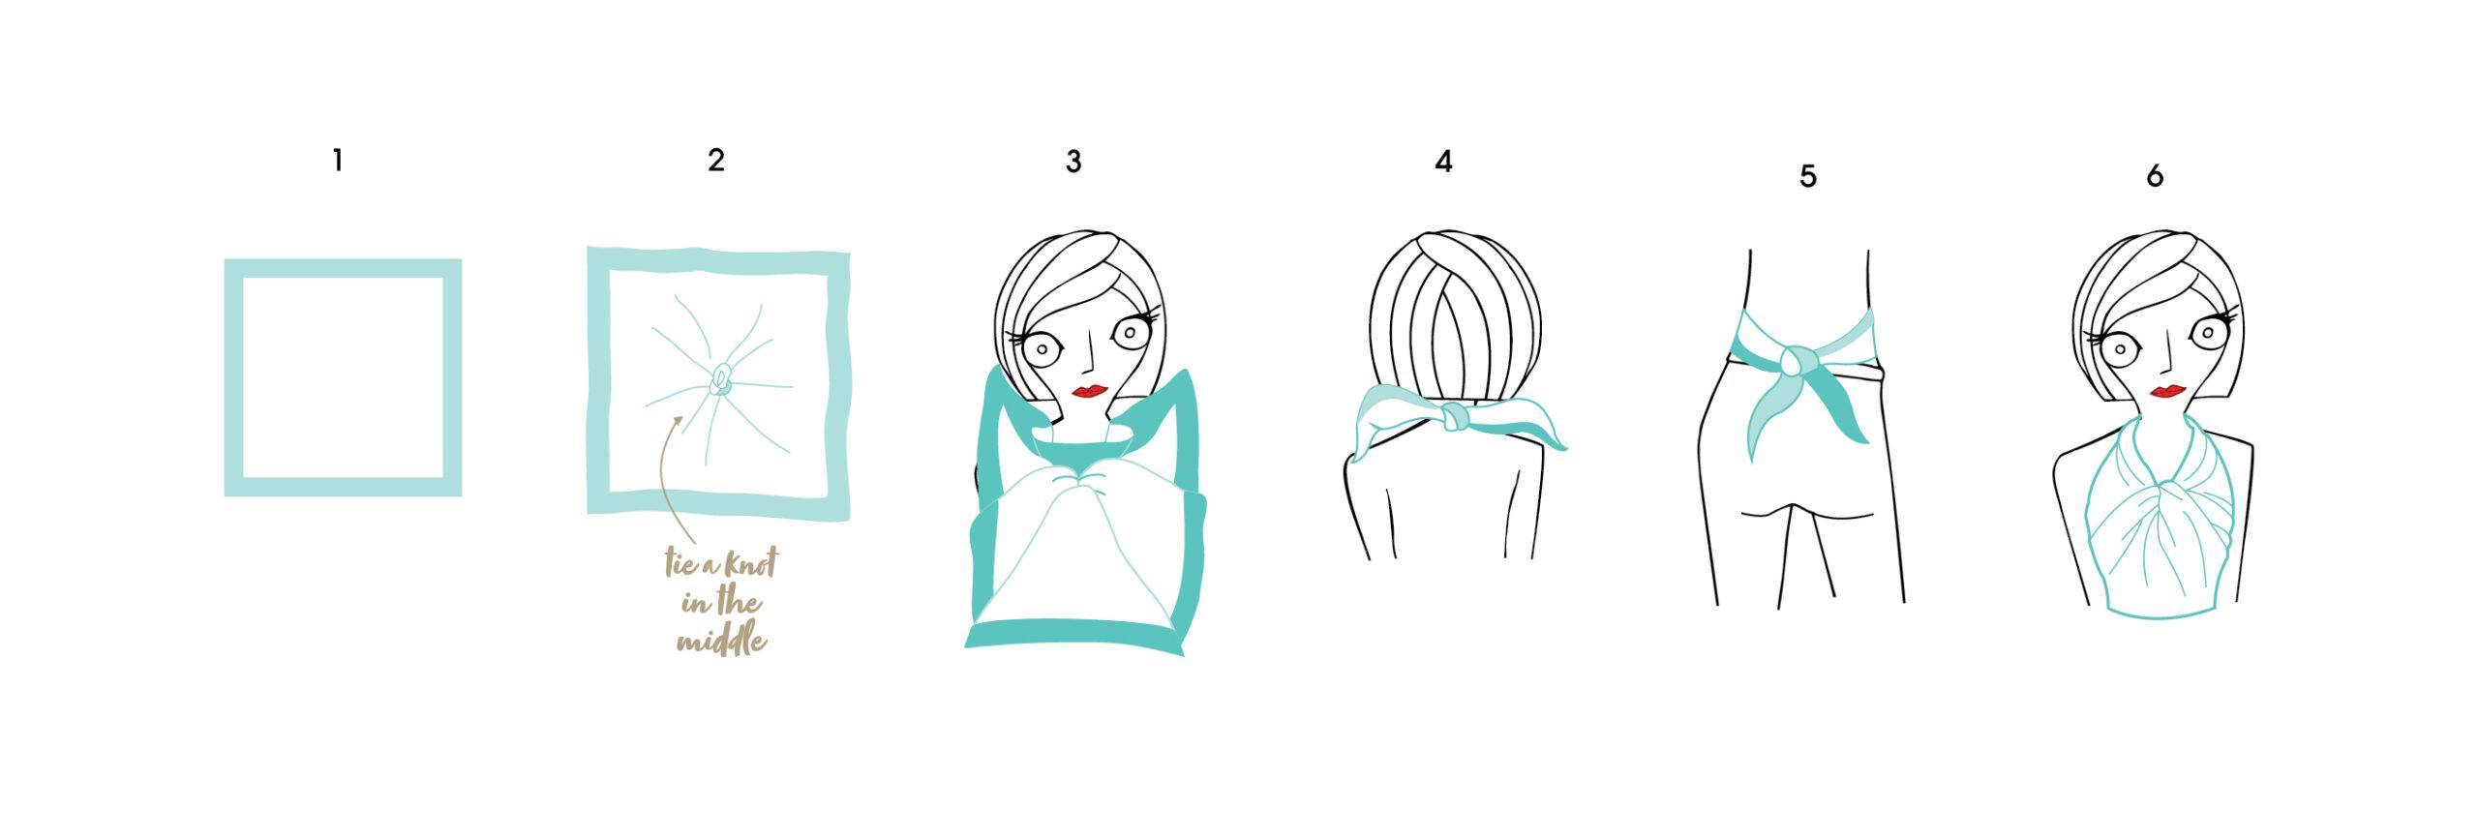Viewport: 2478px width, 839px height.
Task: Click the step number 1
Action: coord(337,161)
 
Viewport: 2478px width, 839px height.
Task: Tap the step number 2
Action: coord(716,161)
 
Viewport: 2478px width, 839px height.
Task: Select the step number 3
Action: coord(1073,162)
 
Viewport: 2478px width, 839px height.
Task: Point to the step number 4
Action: coord(1443,162)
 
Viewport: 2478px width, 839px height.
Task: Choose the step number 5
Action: coord(1808,176)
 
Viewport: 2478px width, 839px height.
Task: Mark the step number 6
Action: coord(2155,176)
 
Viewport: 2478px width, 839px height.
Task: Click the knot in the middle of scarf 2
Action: coord(721,379)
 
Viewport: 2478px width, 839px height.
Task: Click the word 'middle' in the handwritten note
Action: coord(721,641)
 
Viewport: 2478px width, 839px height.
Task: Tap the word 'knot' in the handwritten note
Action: coord(746,563)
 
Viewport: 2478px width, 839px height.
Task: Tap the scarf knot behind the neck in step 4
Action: coord(1451,418)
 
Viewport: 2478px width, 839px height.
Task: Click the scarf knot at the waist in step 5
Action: coord(1793,362)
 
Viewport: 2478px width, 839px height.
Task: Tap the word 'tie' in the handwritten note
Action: coord(680,563)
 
